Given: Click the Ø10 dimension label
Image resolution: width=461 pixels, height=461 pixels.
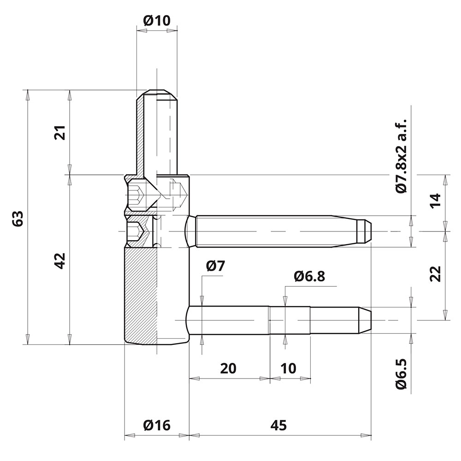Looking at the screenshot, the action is [157, 21].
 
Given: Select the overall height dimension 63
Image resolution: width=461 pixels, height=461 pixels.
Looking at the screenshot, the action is [18, 219].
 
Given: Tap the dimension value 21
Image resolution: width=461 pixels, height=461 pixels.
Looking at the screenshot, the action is [60, 133].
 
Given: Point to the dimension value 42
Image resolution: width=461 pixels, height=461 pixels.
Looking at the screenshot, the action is [60, 261].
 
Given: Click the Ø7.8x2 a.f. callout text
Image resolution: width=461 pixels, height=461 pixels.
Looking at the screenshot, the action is [401, 156].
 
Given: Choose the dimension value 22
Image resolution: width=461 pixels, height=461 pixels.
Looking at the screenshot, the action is [436, 274].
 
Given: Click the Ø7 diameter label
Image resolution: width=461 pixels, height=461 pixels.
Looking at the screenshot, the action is [215, 266].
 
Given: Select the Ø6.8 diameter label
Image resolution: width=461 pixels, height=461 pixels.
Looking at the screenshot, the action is [309, 276].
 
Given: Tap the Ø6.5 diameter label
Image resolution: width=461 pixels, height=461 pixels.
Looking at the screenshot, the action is [401, 374].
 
